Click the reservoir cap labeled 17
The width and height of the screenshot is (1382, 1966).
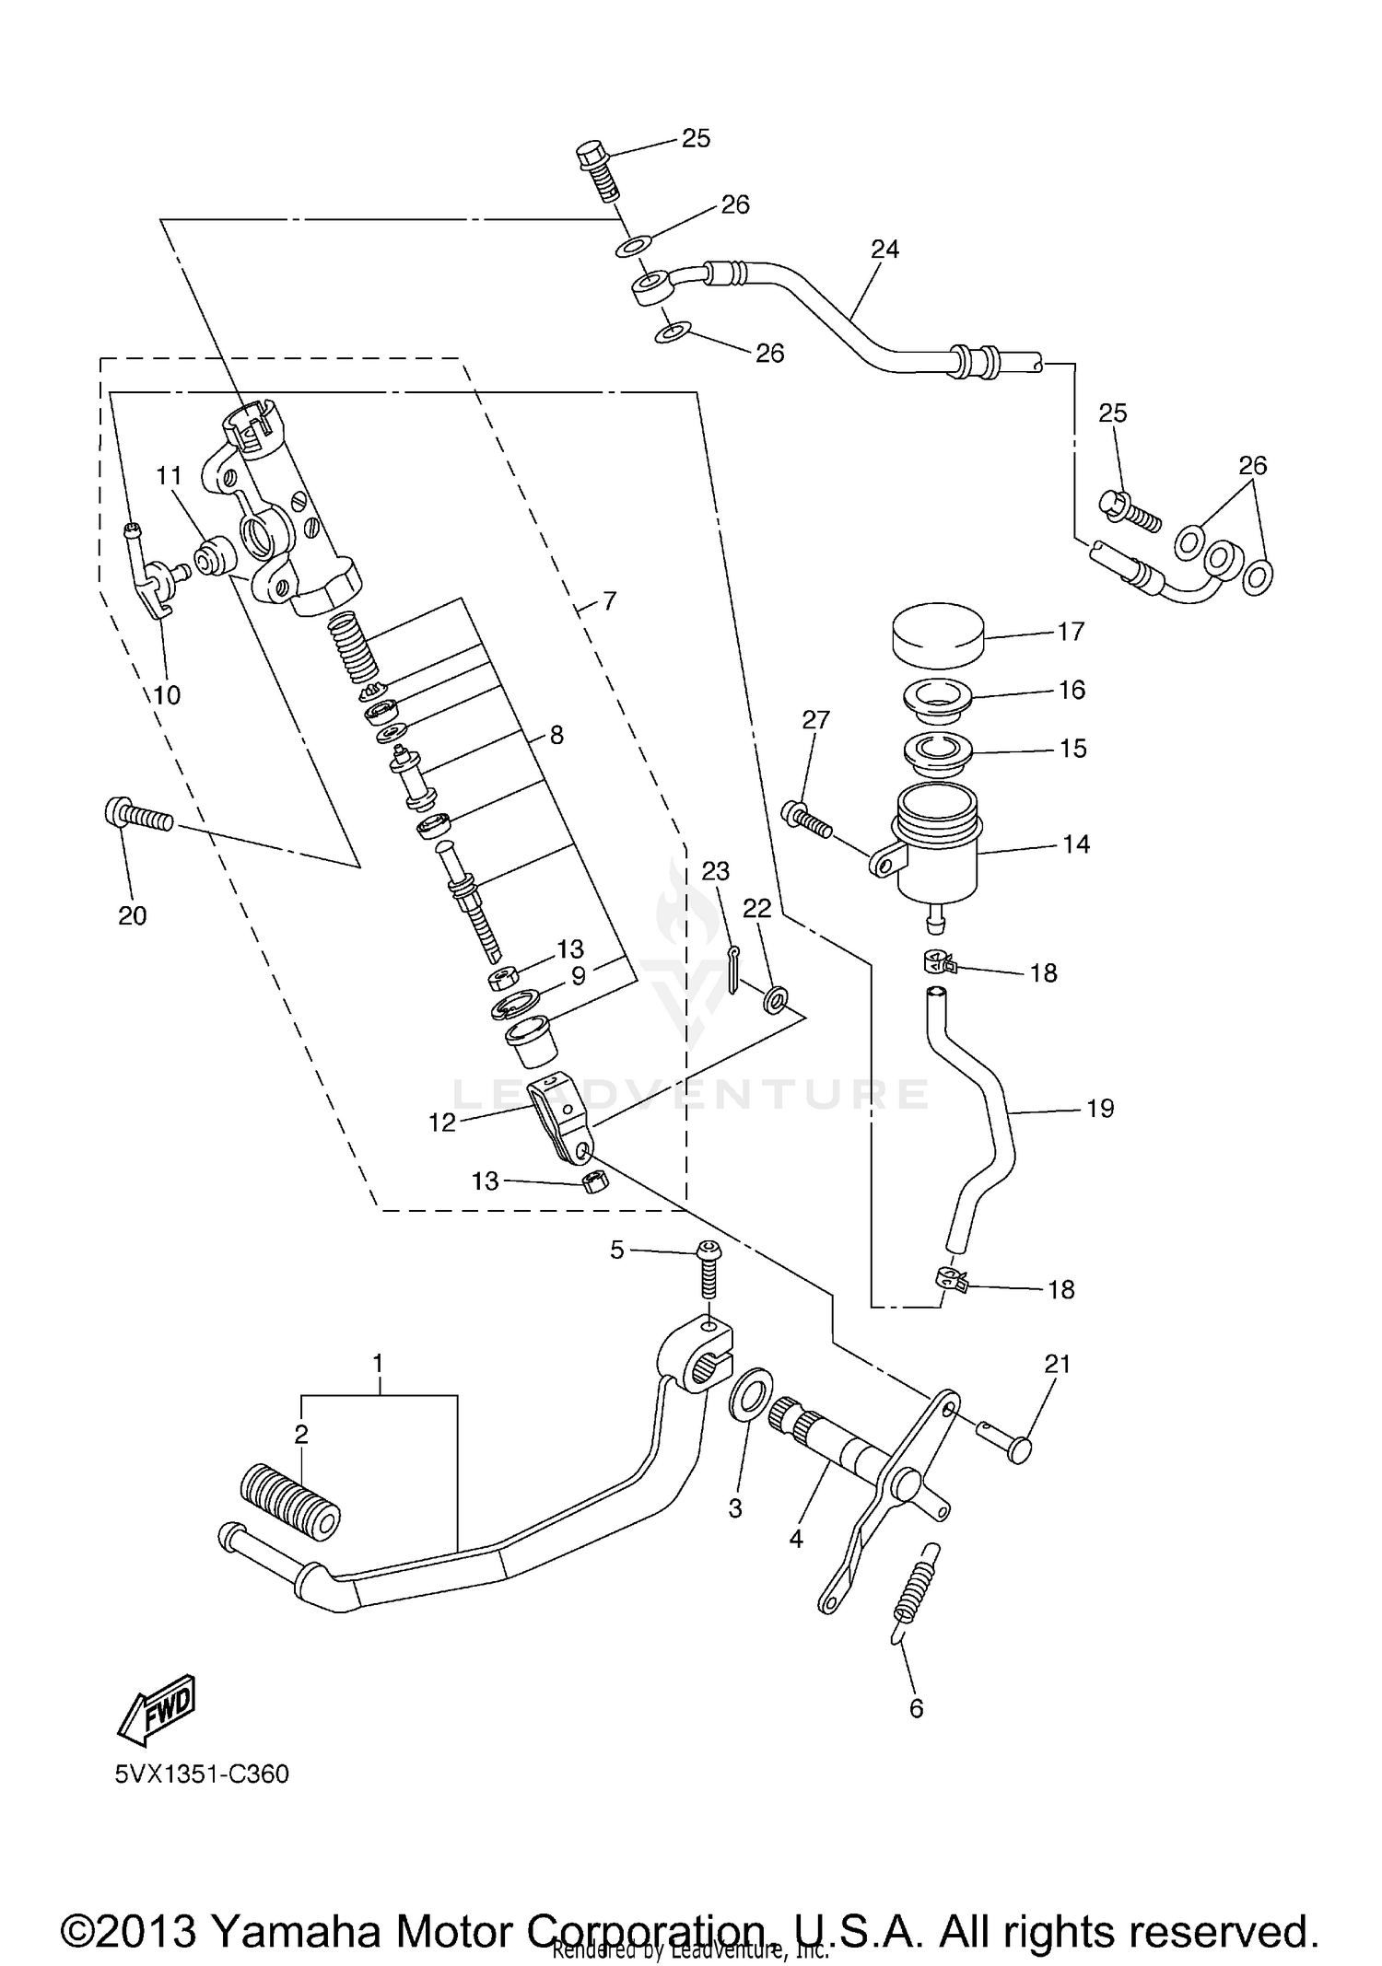938,634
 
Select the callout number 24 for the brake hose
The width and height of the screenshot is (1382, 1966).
884,250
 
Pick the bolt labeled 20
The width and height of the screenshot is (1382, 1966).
137,815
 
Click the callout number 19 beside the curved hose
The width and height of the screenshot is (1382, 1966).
1100,1108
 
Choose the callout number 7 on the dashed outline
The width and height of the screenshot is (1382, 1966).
609,601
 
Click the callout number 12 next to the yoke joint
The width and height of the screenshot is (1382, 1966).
442,1123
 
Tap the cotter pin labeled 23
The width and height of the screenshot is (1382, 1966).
733,971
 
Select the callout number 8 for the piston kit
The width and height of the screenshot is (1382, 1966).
556,735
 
